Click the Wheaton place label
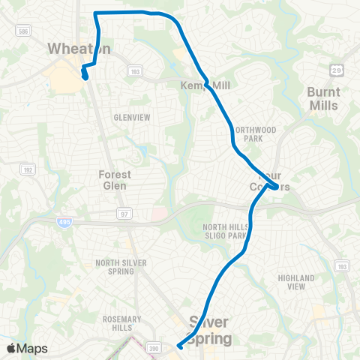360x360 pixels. pos(79,49)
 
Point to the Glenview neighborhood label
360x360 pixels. pos(132,118)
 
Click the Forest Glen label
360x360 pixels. pos(115,180)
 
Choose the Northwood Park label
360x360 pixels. pos(255,134)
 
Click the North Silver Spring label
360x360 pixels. pos(115,266)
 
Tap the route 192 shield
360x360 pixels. pos(25,169)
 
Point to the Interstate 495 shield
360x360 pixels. pos(63,222)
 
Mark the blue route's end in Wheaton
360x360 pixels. pos(85,76)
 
